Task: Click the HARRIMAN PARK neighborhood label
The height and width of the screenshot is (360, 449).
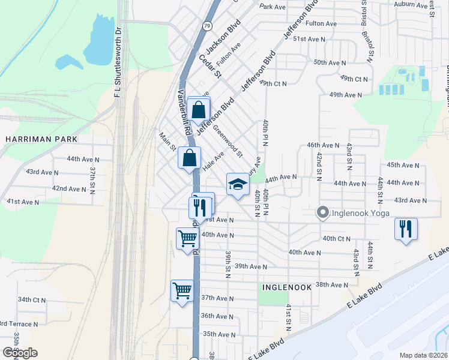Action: (41, 139)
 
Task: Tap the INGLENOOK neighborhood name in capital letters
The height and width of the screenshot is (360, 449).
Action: (287, 287)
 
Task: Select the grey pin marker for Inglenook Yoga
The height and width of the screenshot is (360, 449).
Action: (322, 212)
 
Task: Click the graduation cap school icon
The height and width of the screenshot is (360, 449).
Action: (237, 184)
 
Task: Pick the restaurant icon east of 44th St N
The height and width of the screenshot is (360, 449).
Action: (406, 229)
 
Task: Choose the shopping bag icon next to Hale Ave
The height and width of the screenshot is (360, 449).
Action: (189, 158)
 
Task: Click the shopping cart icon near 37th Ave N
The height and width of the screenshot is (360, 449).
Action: (182, 291)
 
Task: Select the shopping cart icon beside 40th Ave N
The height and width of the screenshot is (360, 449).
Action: (187, 239)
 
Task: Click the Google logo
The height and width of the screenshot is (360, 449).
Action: (20, 353)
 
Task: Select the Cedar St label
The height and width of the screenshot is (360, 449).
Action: (211, 67)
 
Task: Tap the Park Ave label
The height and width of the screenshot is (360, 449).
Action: (273, 7)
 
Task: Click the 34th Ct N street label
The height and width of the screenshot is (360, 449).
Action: (32, 299)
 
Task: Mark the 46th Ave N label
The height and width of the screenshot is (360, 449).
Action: (323, 145)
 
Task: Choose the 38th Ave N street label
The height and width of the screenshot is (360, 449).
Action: (332, 284)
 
